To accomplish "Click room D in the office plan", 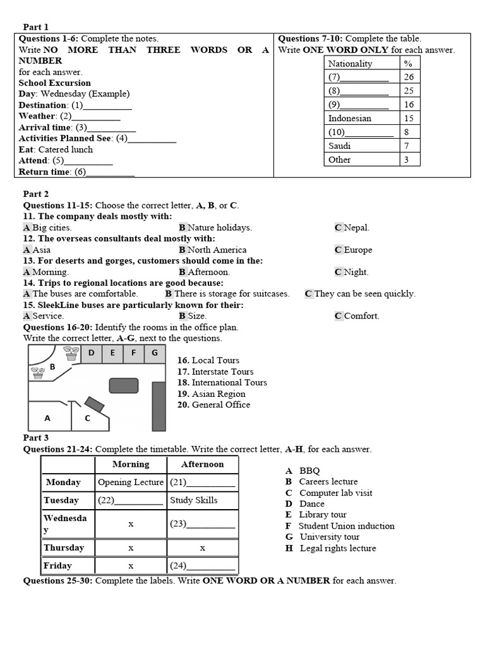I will (x=92, y=353).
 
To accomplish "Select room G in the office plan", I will (x=155, y=353).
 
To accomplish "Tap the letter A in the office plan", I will (x=47, y=418).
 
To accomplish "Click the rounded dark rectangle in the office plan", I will (x=124, y=385).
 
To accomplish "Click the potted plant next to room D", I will (x=71, y=353).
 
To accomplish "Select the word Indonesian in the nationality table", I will (x=349, y=118).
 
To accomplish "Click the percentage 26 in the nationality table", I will (x=409, y=77).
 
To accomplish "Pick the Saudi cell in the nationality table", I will (x=340, y=146).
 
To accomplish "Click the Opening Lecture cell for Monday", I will (x=131, y=483).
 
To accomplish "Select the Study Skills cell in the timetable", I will (x=194, y=500).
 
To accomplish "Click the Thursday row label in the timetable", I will (x=64, y=548).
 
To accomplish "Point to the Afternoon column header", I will (x=203, y=464).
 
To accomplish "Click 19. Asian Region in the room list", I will (x=211, y=394).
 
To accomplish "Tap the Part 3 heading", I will (x=36, y=438).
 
